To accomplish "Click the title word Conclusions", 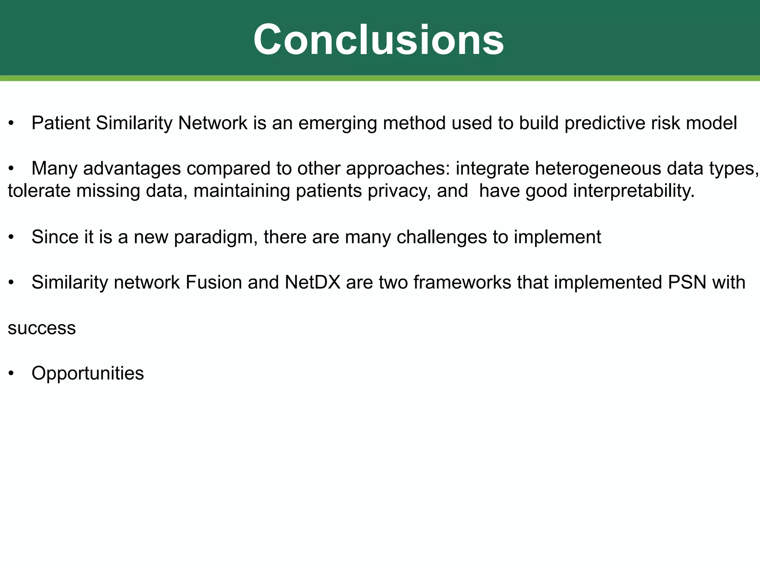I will pos(379,40).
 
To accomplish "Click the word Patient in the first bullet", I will pos(61,123).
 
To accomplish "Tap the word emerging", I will pos(337,124).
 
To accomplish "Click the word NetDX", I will pos(312,282).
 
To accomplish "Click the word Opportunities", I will pos(88,374).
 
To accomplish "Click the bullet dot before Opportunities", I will pos(12,374).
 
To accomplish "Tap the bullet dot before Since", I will pos(12,237).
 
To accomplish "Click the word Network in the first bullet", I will pos(212,123).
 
